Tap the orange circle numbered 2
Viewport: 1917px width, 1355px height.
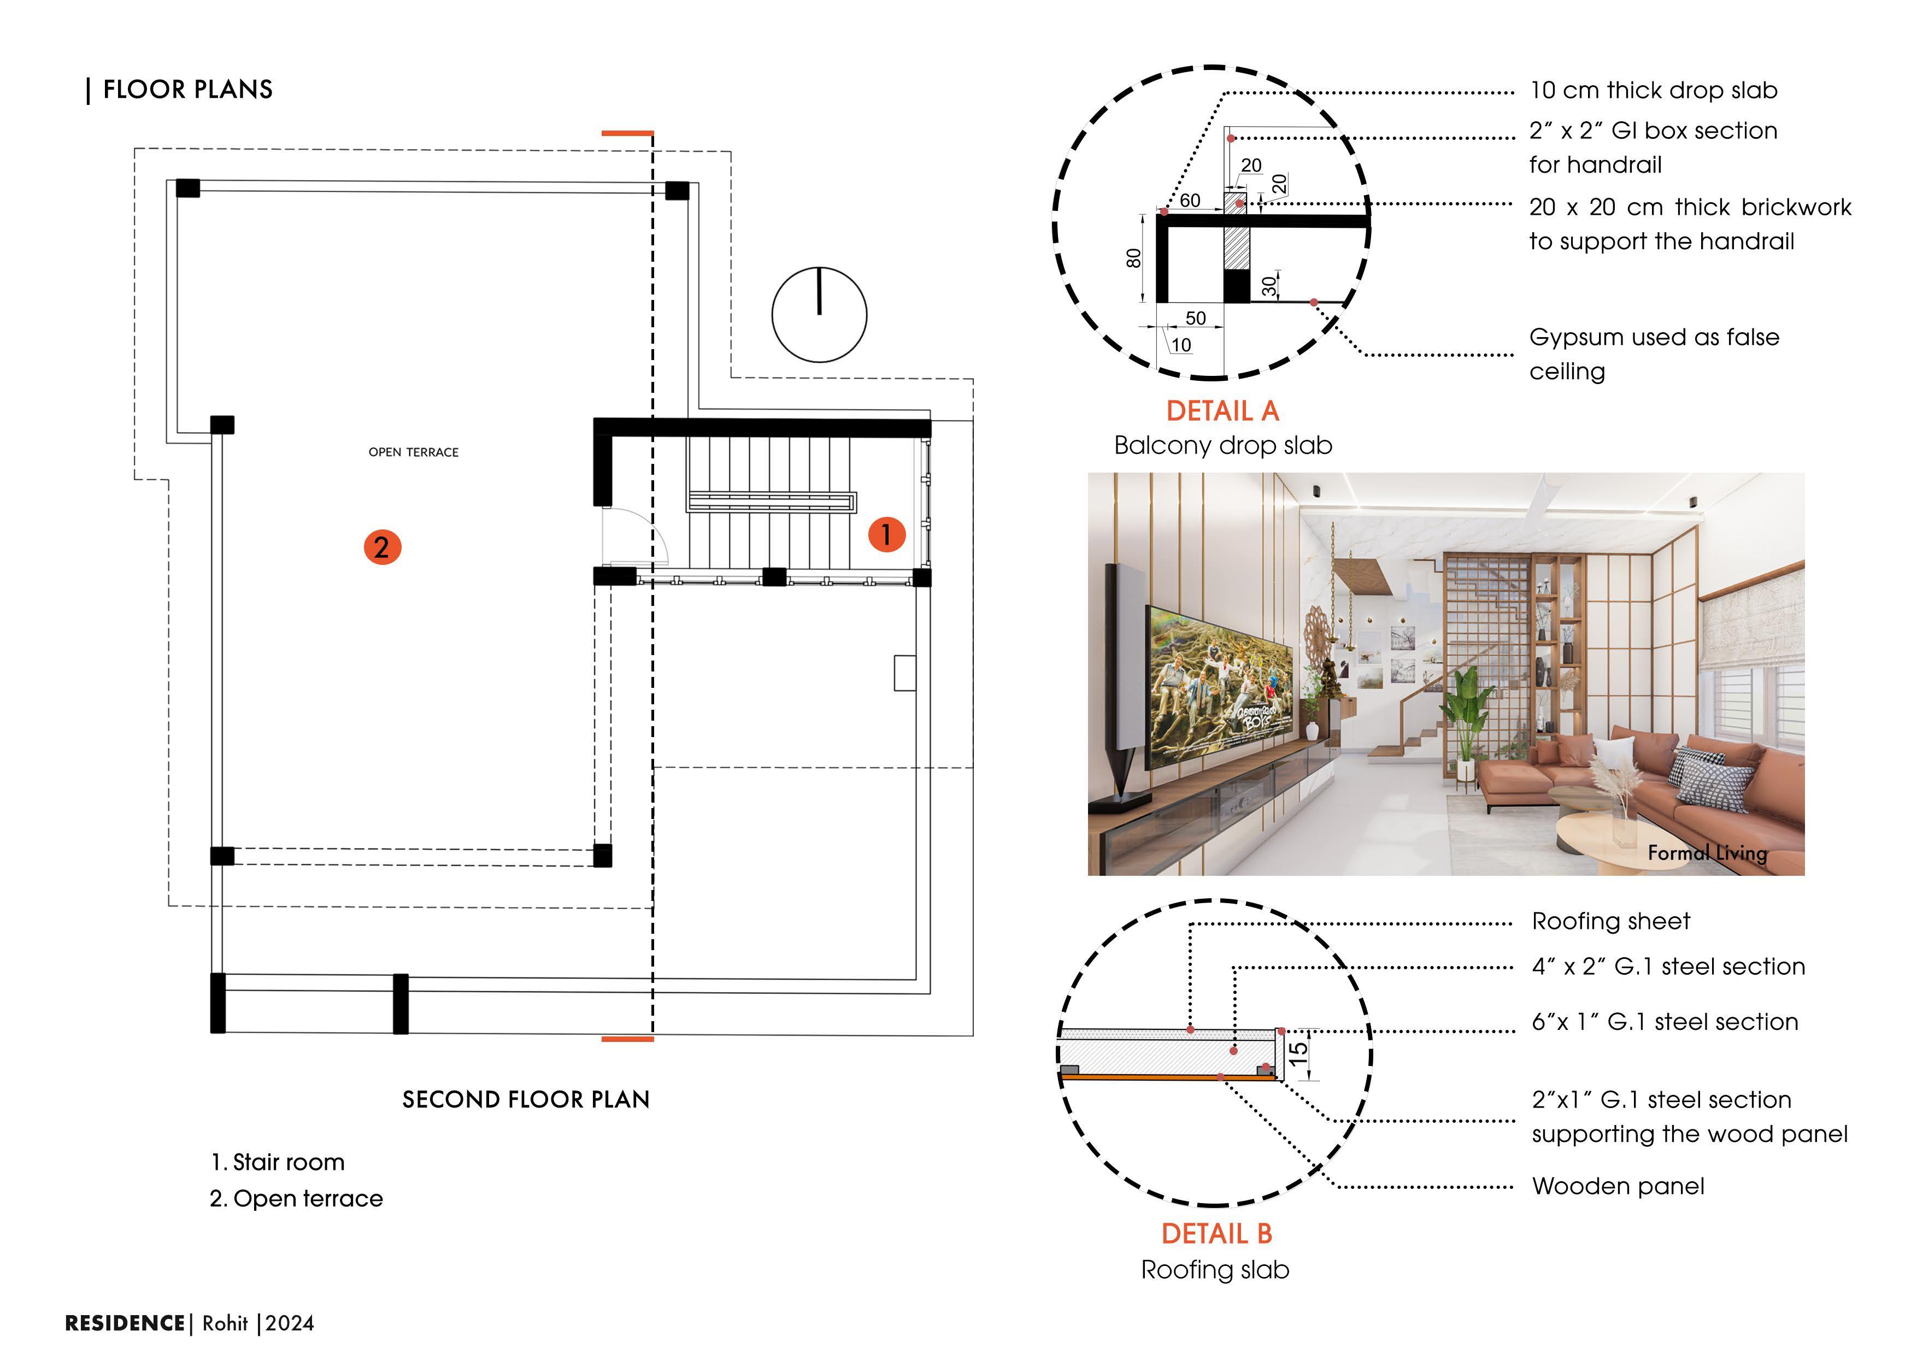[381, 547]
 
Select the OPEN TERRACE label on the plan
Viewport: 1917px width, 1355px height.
[413, 452]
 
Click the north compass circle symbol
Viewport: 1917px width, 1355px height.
[819, 315]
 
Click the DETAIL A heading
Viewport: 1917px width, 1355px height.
[1222, 411]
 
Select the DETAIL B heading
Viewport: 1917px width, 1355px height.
[1216, 1233]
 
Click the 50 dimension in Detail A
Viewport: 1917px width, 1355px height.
[1196, 318]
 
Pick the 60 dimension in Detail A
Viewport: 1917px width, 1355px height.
[1190, 201]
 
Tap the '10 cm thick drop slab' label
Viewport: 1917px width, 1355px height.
[1653, 90]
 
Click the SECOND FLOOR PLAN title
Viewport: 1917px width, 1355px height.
[526, 1099]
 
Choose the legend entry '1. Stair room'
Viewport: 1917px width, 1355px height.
[278, 1162]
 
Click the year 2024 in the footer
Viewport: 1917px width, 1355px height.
[290, 1323]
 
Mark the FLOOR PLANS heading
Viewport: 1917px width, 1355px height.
[188, 89]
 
